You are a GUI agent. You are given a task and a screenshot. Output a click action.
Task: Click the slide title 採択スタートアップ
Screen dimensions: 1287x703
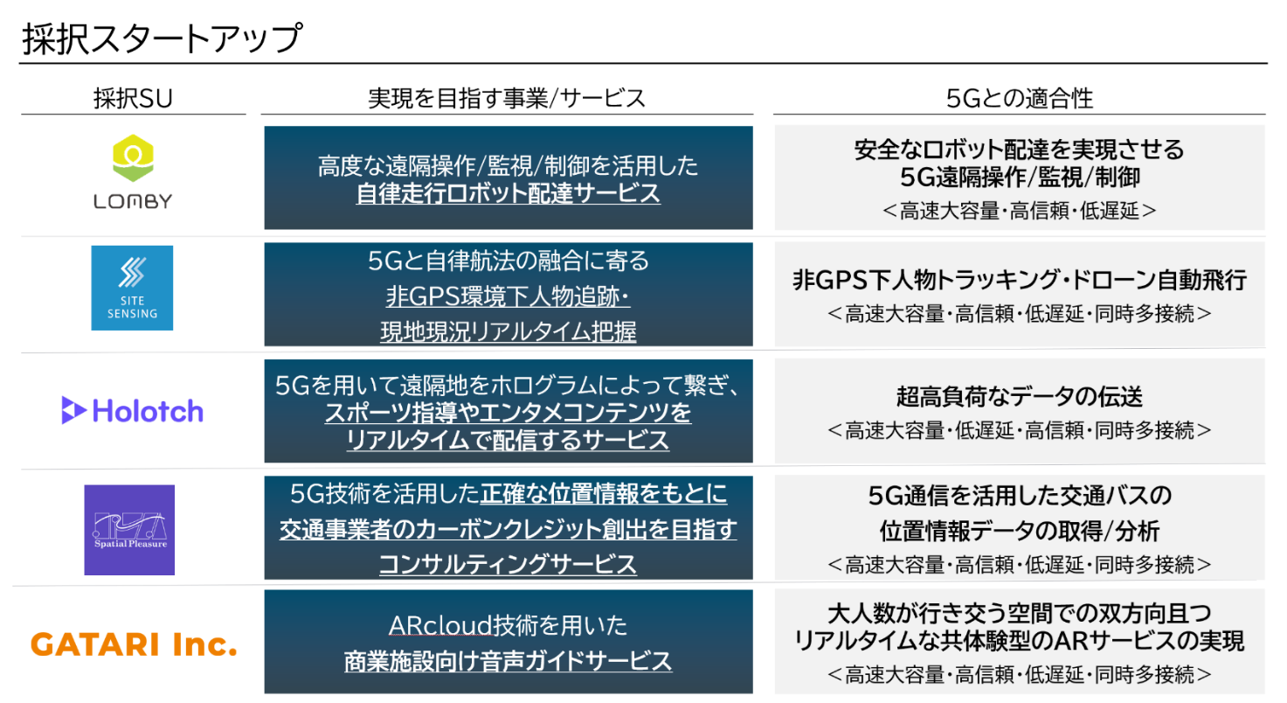(163, 39)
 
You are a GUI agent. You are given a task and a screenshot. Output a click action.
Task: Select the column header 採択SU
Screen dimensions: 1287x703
(133, 99)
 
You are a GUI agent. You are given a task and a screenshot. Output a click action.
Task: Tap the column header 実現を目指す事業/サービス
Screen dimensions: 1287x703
(507, 99)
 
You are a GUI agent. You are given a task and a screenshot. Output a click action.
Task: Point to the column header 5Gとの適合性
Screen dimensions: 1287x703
(1019, 99)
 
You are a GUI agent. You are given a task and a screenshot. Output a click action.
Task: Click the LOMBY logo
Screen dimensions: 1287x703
(133, 172)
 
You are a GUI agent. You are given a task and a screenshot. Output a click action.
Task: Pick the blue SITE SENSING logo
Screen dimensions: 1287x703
(132, 288)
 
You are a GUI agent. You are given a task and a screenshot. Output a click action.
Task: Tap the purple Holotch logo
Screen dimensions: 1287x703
(133, 410)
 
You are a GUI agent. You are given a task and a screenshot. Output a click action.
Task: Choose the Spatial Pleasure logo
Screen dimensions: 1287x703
(129, 530)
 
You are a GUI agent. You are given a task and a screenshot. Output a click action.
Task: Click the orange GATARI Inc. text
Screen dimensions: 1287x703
(134, 645)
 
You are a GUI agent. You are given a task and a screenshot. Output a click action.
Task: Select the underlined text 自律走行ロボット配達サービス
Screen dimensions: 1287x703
(509, 193)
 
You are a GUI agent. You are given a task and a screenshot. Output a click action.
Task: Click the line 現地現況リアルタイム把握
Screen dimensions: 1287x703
(509, 331)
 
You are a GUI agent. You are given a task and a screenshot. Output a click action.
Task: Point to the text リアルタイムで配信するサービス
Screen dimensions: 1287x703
(509, 440)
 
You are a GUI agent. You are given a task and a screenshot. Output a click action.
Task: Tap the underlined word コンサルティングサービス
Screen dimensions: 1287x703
(509, 565)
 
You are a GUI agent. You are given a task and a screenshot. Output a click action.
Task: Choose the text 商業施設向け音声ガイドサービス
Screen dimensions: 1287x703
(509, 660)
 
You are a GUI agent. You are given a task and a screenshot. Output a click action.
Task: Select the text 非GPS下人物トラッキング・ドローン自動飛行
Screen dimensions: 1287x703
(1019, 281)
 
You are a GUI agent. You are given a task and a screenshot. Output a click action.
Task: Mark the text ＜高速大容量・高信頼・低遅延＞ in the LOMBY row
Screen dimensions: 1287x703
(1019, 211)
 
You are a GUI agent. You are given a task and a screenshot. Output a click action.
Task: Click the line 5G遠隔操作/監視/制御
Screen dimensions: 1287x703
(1019, 177)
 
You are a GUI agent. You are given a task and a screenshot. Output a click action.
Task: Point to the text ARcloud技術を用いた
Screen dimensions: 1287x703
(509, 626)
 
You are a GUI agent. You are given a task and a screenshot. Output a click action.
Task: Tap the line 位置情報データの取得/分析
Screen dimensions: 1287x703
(1019, 531)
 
